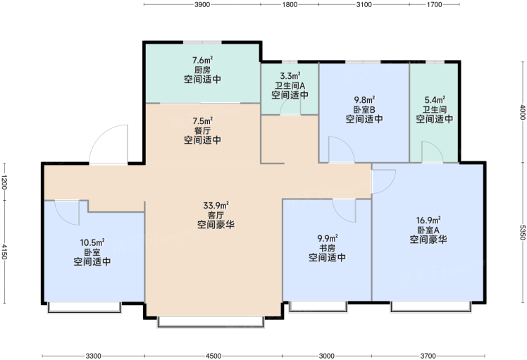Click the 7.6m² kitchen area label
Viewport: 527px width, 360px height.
pyautogui.click(x=203, y=61)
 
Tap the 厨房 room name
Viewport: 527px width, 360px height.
pyautogui.click(x=203, y=70)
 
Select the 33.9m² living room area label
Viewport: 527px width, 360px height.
pyautogui.click(x=216, y=206)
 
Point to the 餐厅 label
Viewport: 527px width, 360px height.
pyautogui.click(x=203, y=130)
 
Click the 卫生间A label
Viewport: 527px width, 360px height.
pyautogui.click(x=290, y=86)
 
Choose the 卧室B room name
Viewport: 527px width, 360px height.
pyautogui.click(x=364, y=110)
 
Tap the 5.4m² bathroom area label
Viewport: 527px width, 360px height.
pyautogui.click(x=435, y=100)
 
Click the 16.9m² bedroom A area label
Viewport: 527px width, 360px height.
pyautogui.click(x=428, y=221)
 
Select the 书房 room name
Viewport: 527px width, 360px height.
pyautogui.click(x=327, y=248)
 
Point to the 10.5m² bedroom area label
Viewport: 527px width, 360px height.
pyautogui.click(x=92, y=242)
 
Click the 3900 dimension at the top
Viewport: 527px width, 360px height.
pyautogui.click(x=202, y=4)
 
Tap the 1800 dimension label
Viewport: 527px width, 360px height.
pyautogui.click(x=290, y=4)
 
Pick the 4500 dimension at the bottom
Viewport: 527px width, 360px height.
pyautogui.click(x=213, y=356)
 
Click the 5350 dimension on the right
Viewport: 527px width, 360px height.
pyautogui.click(x=522, y=232)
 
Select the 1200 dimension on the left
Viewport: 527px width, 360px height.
pyautogui.click(x=4, y=182)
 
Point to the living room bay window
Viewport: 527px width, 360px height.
pyautogui.click(x=211, y=321)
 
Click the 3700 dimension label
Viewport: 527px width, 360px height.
pyautogui.click(x=428, y=356)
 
